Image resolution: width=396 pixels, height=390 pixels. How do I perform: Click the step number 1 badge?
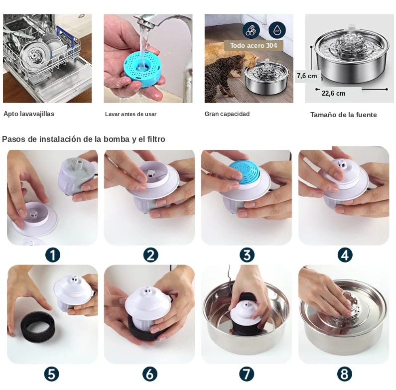[x=52, y=255]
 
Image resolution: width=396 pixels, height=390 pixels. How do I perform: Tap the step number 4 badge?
[x=345, y=255]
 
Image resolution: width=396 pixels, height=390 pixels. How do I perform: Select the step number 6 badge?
[x=150, y=374]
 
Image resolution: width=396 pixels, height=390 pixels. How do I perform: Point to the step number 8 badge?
[x=345, y=374]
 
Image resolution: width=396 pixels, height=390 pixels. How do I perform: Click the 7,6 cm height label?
[x=307, y=76]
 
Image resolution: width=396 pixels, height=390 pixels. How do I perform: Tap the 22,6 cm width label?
[x=333, y=93]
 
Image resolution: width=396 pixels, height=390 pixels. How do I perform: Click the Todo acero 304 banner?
[x=254, y=45]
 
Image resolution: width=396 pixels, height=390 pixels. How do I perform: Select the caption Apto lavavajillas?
[x=29, y=114]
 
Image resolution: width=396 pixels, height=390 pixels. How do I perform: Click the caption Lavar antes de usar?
[x=131, y=114]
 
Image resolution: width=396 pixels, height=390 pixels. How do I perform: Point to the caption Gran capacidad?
[x=227, y=114]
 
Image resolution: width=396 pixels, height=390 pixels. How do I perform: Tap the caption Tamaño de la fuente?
[x=344, y=115]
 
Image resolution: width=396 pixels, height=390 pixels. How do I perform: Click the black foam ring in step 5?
[x=37, y=327]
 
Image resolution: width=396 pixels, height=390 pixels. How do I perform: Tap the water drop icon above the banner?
[x=277, y=30]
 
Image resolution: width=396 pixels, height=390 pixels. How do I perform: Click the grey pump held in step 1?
[x=75, y=177]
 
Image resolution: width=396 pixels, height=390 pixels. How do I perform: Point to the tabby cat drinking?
[x=222, y=76]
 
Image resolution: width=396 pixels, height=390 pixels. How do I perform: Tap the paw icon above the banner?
[x=251, y=30]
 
